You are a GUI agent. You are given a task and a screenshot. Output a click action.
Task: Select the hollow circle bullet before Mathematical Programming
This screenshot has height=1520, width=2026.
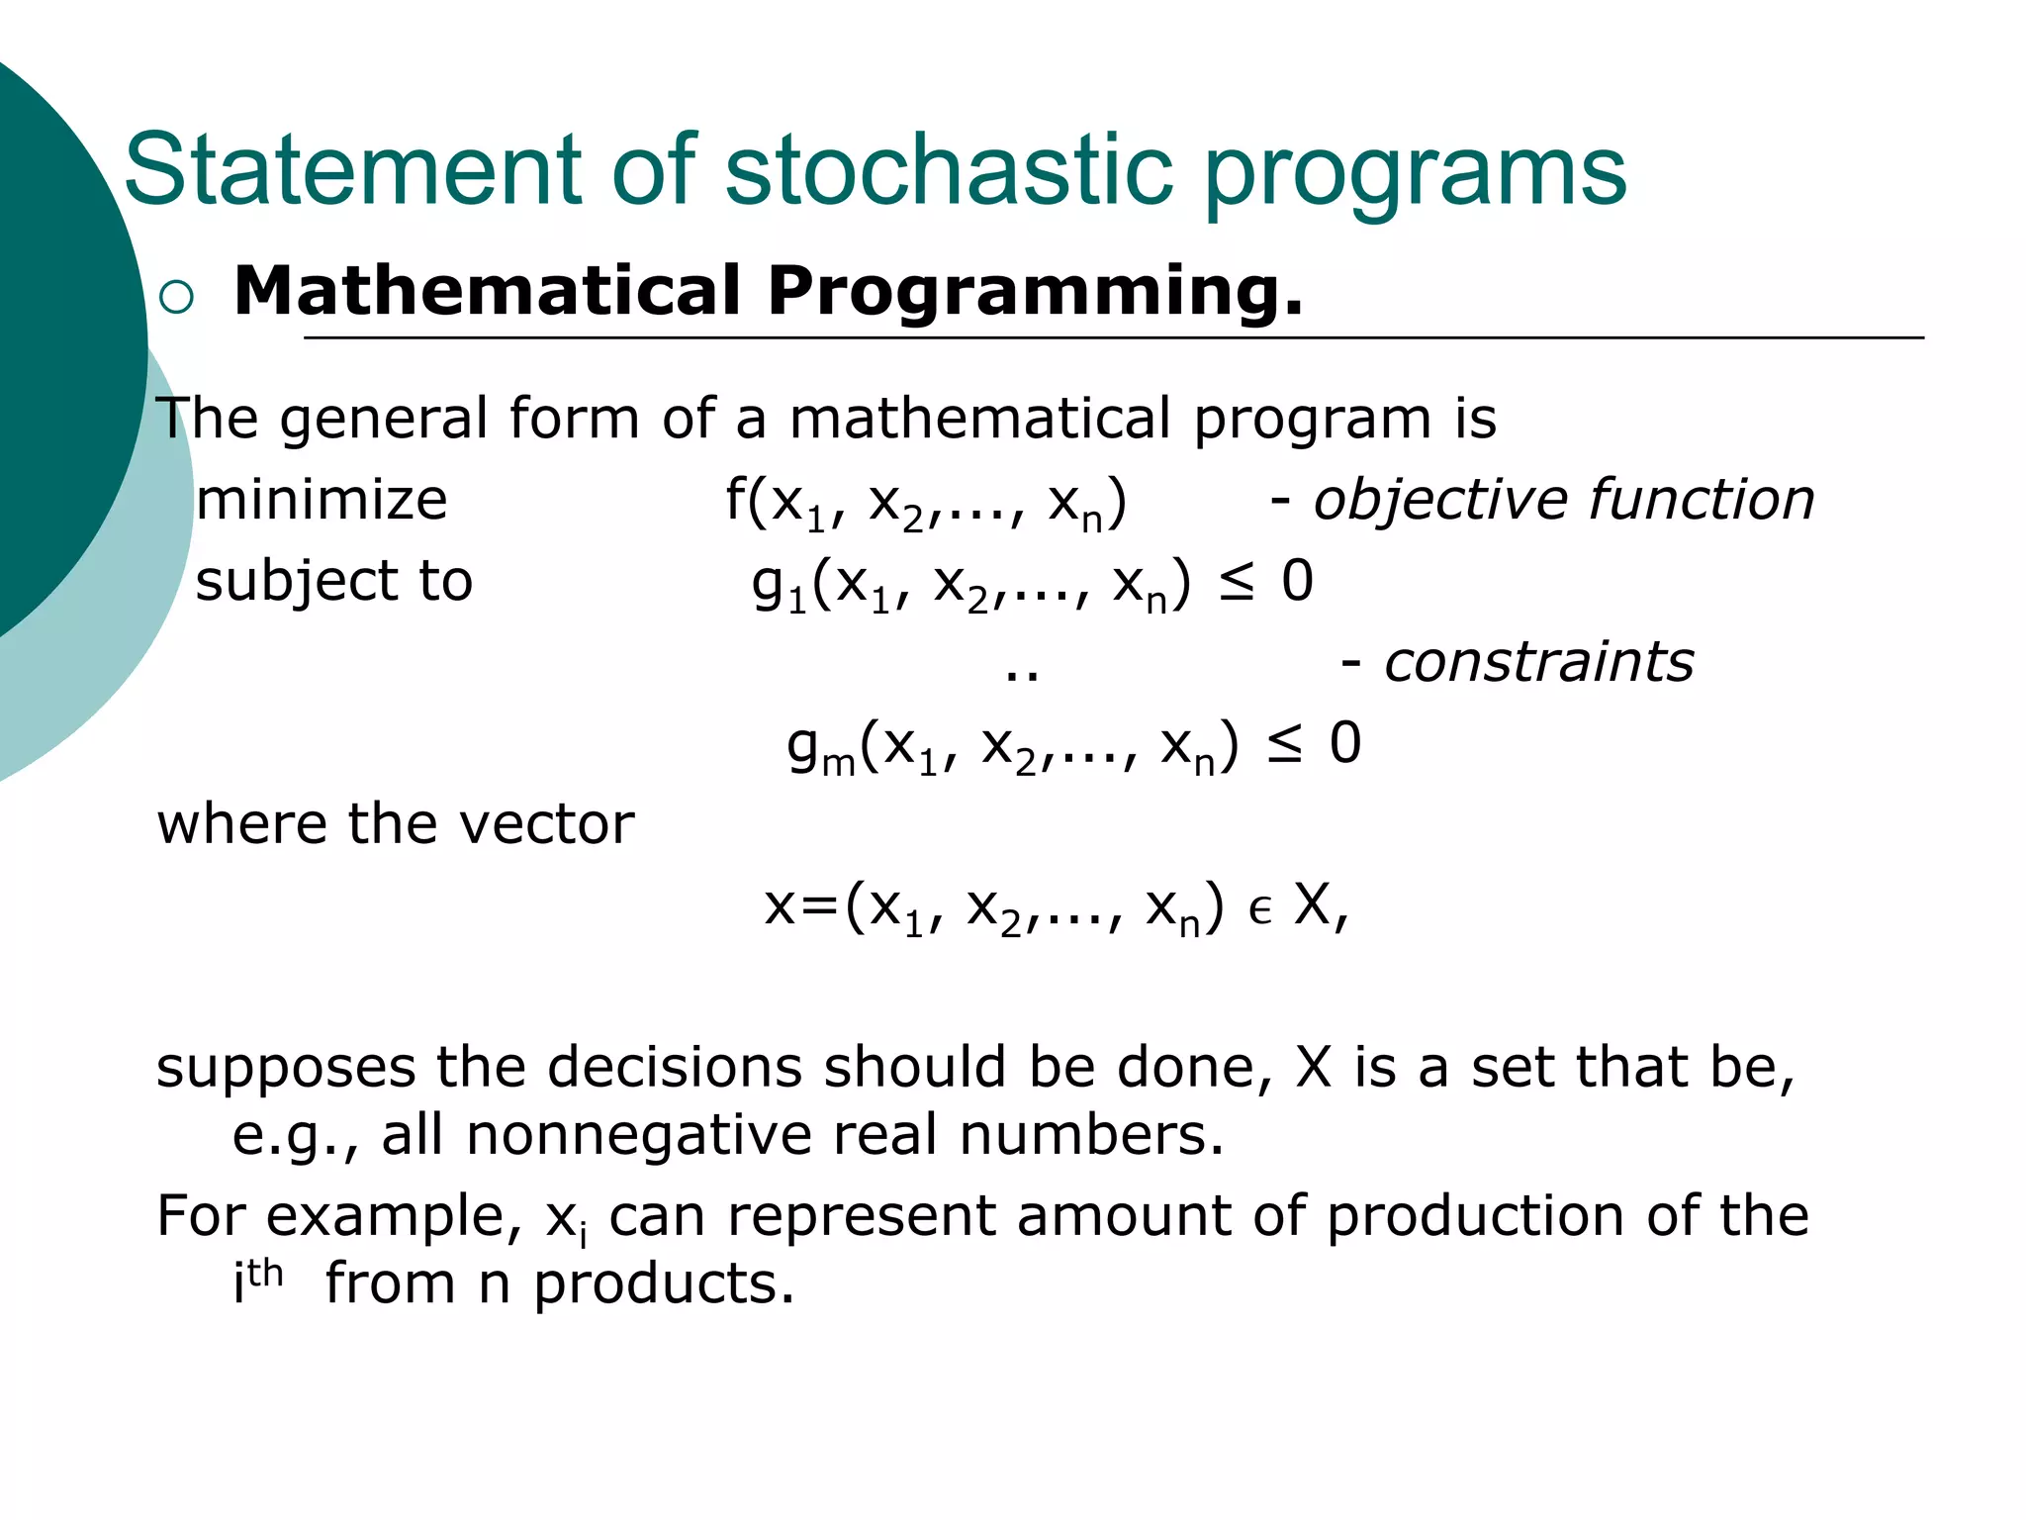(176, 297)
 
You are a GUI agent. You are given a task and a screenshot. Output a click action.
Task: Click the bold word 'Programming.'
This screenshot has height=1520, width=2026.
(1035, 293)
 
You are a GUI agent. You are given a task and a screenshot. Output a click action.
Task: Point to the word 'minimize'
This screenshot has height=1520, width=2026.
(322, 500)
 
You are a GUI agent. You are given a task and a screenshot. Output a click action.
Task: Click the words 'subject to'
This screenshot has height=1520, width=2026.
(334, 581)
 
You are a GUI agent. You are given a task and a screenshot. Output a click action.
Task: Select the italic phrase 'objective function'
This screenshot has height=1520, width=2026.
(1563, 500)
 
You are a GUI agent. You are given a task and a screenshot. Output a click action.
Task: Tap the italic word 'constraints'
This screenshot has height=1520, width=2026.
(1538, 662)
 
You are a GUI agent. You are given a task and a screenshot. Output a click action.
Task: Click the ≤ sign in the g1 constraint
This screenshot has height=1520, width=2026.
(1237, 583)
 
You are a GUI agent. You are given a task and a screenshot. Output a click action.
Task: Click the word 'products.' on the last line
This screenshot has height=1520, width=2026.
(664, 1285)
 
